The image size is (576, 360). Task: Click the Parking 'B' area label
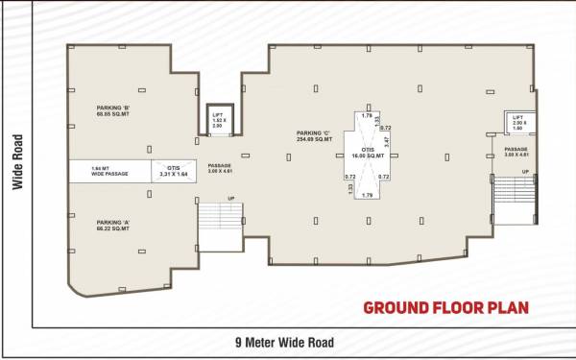point(113,110)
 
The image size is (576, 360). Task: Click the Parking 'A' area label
point(113,225)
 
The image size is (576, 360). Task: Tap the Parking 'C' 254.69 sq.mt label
point(314,136)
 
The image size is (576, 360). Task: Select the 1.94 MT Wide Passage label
point(109,170)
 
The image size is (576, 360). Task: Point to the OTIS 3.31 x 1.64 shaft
point(175,170)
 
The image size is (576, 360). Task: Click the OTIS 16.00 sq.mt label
point(368,152)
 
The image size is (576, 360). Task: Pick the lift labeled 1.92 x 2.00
point(217,118)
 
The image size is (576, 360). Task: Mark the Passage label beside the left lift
point(220,170)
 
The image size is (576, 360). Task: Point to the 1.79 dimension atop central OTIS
point(366,115)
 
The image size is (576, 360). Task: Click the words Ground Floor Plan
point(444,308)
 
